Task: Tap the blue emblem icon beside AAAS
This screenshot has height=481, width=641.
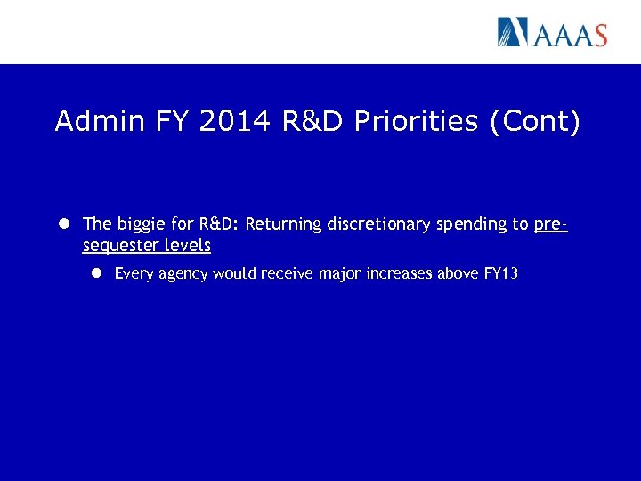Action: pos(513,32)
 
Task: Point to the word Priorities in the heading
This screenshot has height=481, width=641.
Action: pos(418,121)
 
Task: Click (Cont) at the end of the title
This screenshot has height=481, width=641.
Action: pos(535,121)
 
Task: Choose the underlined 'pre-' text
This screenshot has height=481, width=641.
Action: pos(551,224)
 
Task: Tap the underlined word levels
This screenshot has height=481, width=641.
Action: pos(188,246)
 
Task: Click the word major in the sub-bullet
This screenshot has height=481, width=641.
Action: pos(337,274)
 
